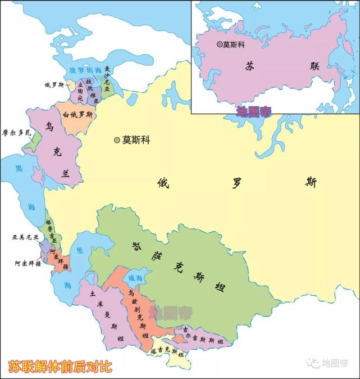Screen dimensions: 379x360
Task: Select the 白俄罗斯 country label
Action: coord(78,115)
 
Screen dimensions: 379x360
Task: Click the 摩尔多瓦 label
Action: coord(17,133)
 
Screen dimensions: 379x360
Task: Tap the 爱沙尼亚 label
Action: coord(108,79)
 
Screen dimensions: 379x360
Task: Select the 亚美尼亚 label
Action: coord(25,237)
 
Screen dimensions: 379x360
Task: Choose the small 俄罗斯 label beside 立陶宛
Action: coord(55,85)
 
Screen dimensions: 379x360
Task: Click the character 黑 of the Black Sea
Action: coord(19,168)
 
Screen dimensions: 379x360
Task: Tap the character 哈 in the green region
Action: coord(135,246)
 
